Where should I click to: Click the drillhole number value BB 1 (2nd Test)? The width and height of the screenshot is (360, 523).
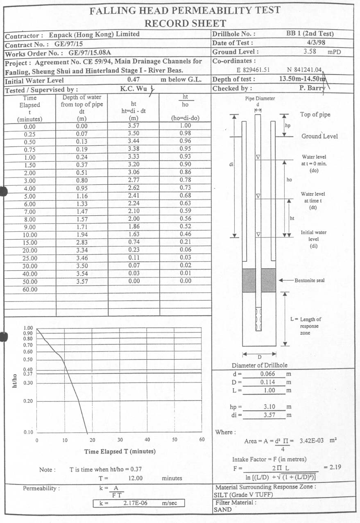pos(310,34)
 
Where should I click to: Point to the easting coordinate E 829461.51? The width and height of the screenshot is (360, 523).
pos(253,70)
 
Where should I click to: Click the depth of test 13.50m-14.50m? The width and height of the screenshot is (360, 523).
pos(302,79)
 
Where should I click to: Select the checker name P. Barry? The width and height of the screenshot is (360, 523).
pos(312,88)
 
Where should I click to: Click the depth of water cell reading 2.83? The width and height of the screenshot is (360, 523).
pos(82,242)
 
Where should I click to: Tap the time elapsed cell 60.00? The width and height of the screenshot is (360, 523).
pos(30,289)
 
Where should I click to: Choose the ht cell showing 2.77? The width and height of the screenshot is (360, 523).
pos(134,181)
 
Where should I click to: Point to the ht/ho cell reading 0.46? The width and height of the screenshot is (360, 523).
pos(185,235)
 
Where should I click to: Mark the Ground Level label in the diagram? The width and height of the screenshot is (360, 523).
pos(319,136)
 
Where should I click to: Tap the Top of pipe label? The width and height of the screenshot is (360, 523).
pos(315,115)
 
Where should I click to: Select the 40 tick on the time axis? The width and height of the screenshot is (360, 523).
pos(147,440)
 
